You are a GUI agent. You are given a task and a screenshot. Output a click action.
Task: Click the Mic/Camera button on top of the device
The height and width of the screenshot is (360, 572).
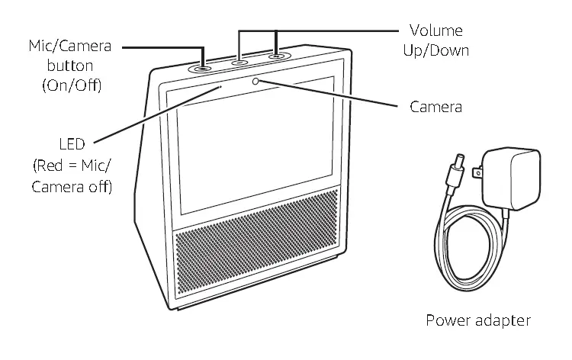[x=203, y=67]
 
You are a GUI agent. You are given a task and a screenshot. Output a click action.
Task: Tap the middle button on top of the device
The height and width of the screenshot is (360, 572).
[x=240, y=62]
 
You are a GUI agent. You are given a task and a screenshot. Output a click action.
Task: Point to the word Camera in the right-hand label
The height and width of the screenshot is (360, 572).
[x=435, y=107]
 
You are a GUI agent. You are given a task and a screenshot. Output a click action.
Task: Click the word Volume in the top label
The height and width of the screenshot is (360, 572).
[x=435, y=31]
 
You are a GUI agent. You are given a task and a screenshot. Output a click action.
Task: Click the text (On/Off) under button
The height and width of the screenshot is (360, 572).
[x=71, y=85]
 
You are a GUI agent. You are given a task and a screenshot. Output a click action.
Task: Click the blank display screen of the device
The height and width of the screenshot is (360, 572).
[x=257, y=145]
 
